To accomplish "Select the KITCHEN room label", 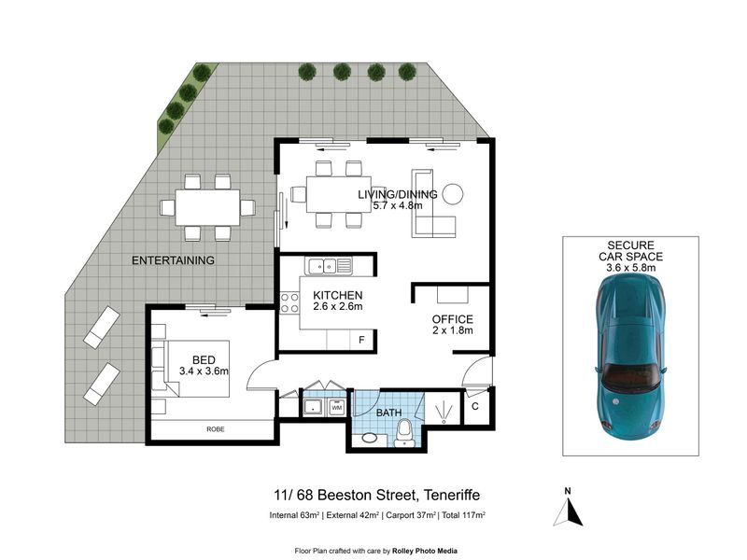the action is click(337, 295).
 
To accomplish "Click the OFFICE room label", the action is click(452, 319).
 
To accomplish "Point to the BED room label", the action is click(204, 360).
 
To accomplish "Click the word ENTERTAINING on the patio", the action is click(173, 260).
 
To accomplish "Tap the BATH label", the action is click(388, 413).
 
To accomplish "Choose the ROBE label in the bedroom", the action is click(216, 429).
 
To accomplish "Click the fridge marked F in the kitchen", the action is click(361, 340).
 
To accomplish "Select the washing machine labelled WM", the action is click(337, 408).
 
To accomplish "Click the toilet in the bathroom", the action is click(405, 433).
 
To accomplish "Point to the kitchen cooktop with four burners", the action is click(289, 302).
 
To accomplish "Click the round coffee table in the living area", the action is click(452, 194).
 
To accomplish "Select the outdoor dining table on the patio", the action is click(207, 207).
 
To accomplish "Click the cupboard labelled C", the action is click(475, 407).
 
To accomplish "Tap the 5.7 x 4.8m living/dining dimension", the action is click(398, 205).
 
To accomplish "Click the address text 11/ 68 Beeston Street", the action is click(344, 496).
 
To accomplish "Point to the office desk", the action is click(453, 294).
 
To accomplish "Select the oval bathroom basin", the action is click(368, 437).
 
